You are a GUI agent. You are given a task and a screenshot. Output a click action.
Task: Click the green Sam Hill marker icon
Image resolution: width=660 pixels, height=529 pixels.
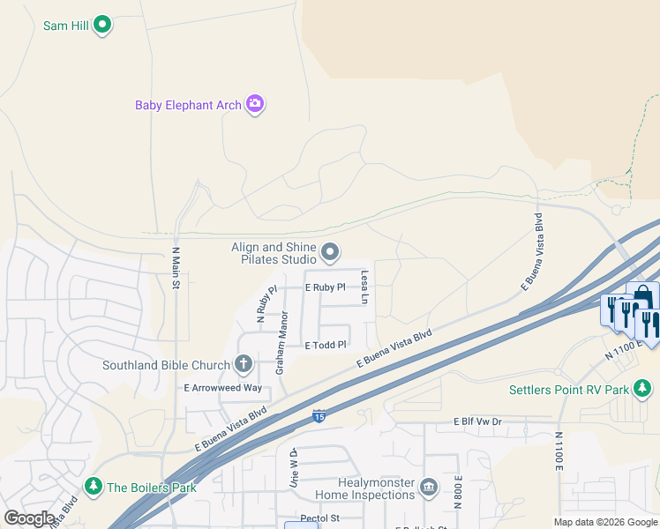tap(102, 25)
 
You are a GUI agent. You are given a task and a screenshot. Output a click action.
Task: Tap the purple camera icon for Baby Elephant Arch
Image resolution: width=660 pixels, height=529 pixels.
tap(255, 105)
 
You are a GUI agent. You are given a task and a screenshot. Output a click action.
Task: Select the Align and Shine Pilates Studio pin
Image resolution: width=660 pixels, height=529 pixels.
tap(330, 254)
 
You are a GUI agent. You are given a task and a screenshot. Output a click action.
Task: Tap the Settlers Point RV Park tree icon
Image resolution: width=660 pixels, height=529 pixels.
tap(644, 389)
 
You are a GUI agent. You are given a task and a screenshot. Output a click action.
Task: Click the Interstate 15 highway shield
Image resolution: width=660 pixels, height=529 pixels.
tap(318, 414)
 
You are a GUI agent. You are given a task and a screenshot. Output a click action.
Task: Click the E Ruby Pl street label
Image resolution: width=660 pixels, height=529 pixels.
tap(324, 288)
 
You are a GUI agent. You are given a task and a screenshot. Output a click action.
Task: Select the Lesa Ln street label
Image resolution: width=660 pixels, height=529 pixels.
tap(364, 288)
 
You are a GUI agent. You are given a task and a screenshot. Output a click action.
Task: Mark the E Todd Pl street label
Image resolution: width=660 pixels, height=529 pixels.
tap(326, 345)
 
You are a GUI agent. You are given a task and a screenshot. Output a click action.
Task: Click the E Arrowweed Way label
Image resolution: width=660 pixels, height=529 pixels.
tap(222, 388)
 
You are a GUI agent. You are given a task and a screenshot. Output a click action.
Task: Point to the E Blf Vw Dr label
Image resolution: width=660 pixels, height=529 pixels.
tap(476, 422)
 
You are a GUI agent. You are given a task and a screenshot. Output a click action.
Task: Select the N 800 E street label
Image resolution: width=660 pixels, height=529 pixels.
tap(459, 489)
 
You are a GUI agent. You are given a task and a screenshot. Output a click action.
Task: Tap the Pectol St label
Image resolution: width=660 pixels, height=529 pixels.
tap(319, 518)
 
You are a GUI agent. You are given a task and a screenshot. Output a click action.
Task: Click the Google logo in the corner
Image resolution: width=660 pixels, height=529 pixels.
tap(29, 518)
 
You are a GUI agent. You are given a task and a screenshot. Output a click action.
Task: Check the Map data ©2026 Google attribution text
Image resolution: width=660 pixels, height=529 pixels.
tap(604, 522)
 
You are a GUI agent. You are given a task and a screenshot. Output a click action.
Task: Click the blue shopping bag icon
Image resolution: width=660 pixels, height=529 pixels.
tap(642, 296)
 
